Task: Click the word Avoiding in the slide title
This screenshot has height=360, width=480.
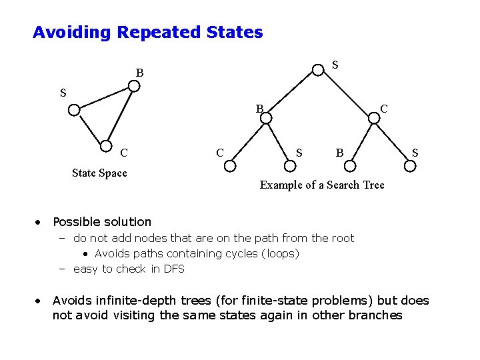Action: point(73,32)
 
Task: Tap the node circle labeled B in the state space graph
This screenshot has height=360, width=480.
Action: point(134,86)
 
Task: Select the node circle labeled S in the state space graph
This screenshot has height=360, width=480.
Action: point(74,109)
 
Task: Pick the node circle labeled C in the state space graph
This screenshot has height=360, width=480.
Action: point(106,148)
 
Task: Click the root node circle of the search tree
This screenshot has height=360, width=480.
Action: point(318,69)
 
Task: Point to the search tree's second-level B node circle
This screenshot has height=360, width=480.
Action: point(265,118)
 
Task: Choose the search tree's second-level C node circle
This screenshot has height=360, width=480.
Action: point(375,118)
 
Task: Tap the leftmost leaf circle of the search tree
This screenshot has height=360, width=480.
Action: point(229,163)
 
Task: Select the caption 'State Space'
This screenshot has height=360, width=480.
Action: point(99,173)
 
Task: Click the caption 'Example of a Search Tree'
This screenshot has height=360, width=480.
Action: point(322,185)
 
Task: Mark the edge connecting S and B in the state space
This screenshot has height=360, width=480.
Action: point(104,98)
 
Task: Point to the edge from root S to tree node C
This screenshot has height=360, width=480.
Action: point(347,94)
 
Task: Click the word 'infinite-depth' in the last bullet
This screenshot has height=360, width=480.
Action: point(135,301)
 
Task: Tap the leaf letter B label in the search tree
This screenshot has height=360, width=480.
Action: point(339,154)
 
